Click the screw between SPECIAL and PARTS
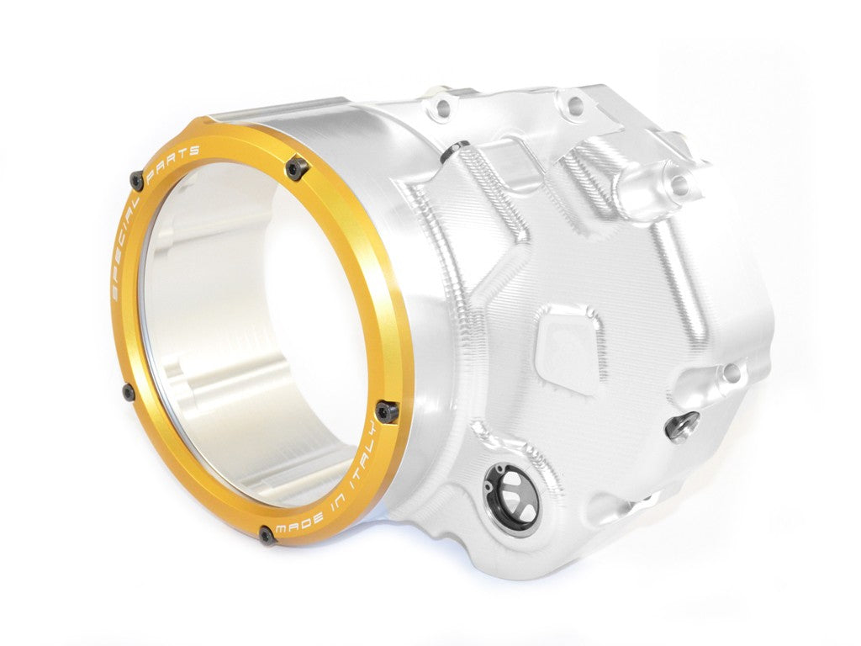136,179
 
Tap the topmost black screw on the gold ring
295,169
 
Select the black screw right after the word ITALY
386,410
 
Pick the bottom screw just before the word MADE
268,534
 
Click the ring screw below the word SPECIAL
127,392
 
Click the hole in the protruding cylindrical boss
679,185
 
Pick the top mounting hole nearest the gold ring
444,105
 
